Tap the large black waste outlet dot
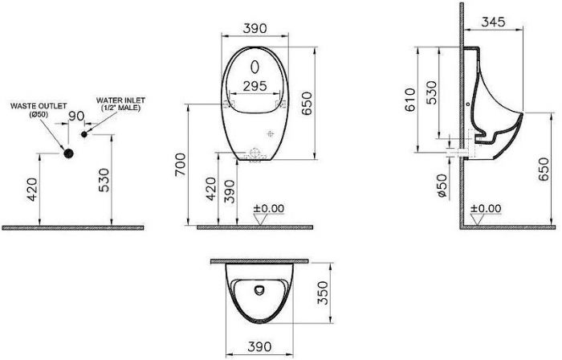(69, 153)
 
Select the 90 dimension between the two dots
(76, 117)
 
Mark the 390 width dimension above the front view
(255, 27)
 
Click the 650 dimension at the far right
(547, 171)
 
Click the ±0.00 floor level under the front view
(269, 208)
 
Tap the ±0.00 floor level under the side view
(485, 208)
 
